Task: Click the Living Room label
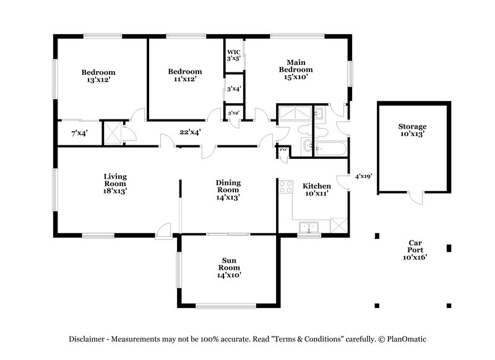(115, 184)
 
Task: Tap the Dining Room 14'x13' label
(228, 190)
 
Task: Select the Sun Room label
(228, 267)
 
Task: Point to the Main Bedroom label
(295, 69)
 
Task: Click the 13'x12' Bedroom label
(98, 76)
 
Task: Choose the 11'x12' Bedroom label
(185, 75)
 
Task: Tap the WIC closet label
(233, 52)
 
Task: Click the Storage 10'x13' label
(412, 131)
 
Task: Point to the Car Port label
(415, 249)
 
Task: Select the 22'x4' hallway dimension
(190, 132)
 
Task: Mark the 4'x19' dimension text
(363, 176)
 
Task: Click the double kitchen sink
(308, 227)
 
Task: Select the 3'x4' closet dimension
(233, 89)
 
